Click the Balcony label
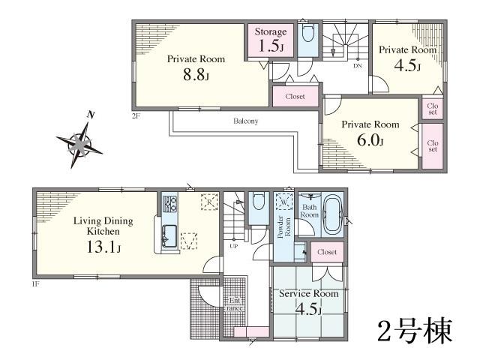[x=245, y=121]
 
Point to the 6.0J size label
[x=370, y=141]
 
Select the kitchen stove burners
[x=169, y=202]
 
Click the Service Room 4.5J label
[x=308, y=301]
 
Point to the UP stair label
[x=234, y=245]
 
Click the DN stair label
[x=358, y=66]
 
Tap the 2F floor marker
[x=136, y=115]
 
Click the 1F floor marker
[x=35, y=283]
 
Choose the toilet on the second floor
[x=307, y=35]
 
